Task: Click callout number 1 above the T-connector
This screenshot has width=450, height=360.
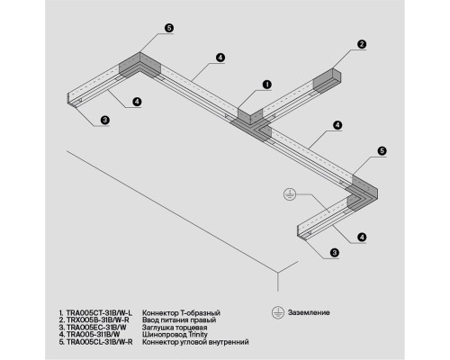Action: pos(266,85)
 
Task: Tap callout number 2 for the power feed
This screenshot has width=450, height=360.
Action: pos(362,44)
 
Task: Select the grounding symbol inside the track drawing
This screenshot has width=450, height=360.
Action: pos(289,195)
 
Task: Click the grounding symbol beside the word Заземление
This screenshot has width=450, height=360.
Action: pos(278,312)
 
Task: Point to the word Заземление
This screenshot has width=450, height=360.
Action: pos(309,312)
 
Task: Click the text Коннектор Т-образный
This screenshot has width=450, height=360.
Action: pos(181,313)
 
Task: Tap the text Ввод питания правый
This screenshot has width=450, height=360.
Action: pos(179,320)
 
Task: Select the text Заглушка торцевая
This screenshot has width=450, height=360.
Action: pos(175,328)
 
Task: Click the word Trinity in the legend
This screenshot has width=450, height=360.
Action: pos(198,334)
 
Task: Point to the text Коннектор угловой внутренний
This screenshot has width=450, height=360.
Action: pos(195,342)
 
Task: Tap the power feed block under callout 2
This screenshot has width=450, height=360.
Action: pos(327,80)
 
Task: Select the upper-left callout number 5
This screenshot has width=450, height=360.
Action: pos(169,28)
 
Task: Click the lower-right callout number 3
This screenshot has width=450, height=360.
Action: pos(335,253)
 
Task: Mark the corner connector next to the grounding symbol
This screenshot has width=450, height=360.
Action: pos(363,193)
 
